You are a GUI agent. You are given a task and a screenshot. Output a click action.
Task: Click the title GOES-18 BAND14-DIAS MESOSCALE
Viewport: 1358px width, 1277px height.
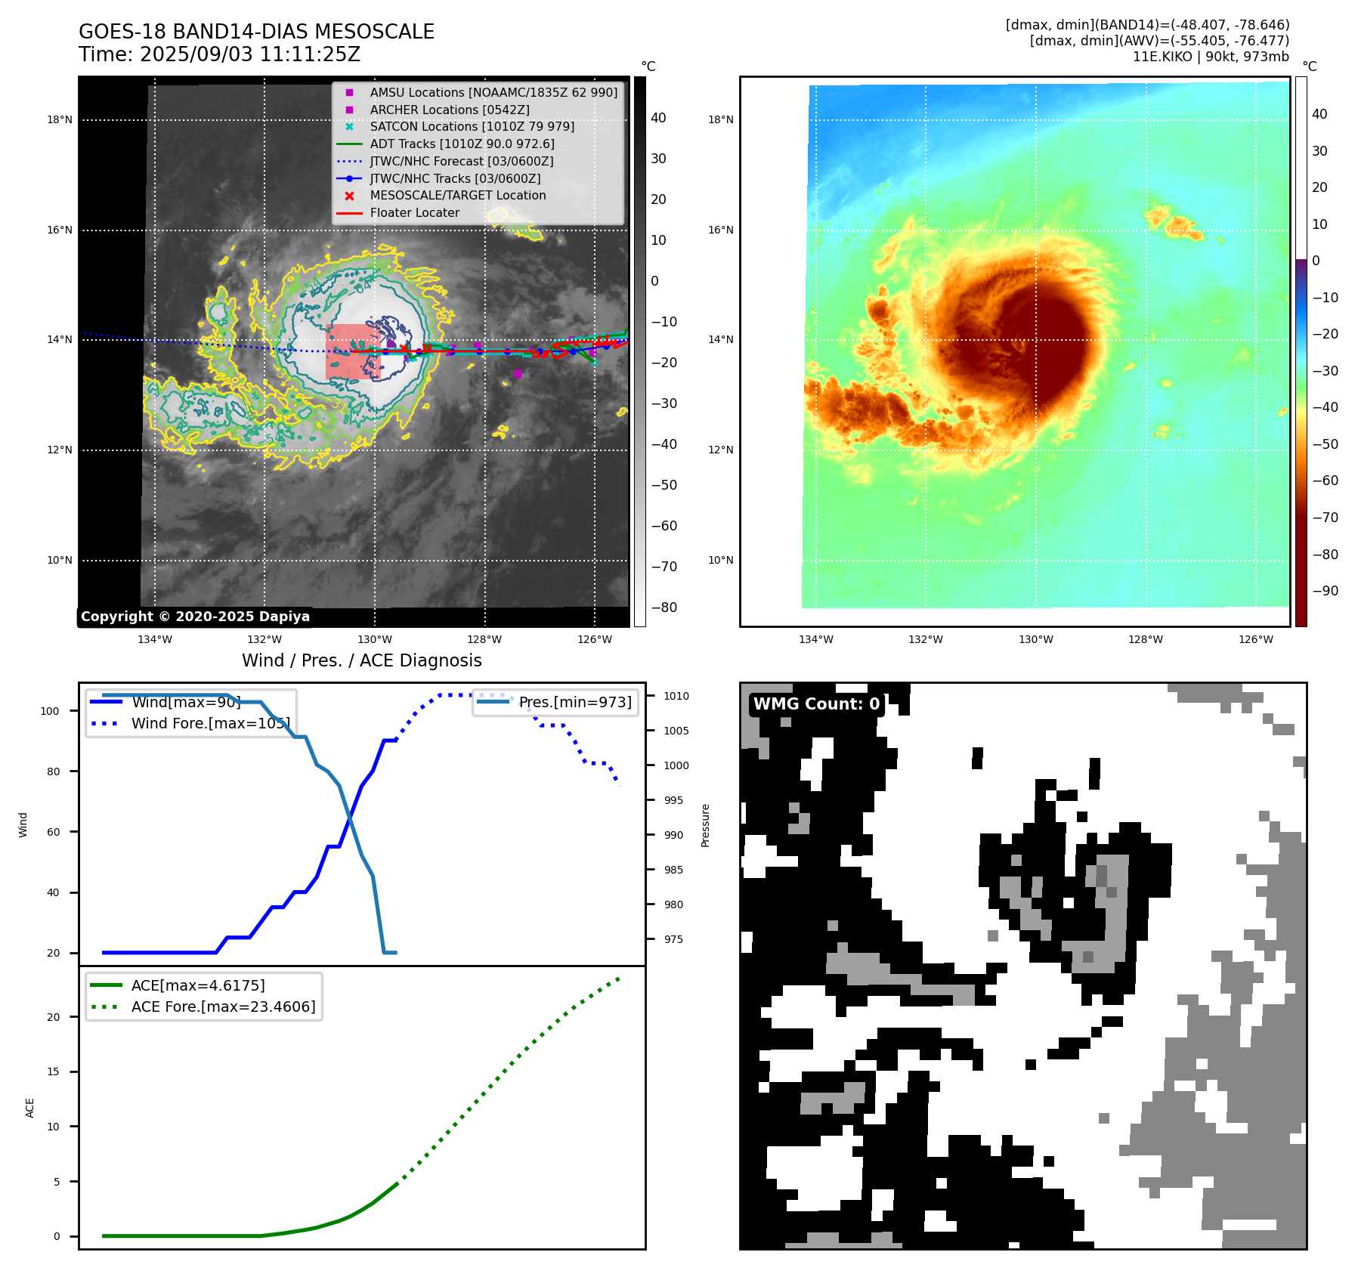(256, 32)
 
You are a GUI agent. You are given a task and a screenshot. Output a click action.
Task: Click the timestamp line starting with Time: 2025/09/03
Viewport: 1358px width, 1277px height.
(219, 54)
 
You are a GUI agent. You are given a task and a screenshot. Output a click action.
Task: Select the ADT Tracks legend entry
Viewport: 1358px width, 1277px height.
(462, 144)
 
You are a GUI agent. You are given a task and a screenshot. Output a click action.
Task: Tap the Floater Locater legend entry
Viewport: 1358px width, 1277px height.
(414, 212)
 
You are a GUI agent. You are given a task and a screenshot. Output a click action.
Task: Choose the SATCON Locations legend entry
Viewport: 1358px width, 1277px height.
(472, 126)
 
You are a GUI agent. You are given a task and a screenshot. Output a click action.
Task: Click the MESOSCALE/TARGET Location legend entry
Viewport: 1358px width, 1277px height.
(457, 195)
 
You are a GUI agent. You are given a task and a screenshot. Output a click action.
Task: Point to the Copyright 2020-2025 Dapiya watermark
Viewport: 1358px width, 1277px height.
(195, 617)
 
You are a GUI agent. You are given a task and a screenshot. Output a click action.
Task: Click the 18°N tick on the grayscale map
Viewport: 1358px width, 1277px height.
(60, 119)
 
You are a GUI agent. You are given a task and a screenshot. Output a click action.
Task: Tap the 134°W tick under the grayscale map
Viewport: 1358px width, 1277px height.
(155, 639)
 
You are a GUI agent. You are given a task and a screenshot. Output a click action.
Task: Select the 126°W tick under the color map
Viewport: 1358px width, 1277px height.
(1255, 639)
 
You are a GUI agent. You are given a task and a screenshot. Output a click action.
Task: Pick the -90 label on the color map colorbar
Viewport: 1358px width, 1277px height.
(1325, 591)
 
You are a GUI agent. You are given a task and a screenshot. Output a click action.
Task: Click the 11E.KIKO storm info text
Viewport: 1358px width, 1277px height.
(1210, 57)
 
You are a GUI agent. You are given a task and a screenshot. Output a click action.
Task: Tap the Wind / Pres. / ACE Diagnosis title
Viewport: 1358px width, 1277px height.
(361, 660)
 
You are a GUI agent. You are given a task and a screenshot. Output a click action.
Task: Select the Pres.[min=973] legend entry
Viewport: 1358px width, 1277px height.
(574, 702)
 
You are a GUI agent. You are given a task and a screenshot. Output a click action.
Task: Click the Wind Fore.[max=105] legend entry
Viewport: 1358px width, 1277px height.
(210, 723)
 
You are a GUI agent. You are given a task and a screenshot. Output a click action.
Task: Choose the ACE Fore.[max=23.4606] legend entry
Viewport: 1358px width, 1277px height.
(223, 1006)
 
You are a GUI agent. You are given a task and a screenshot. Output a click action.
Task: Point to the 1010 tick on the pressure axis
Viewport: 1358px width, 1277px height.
(676, 696)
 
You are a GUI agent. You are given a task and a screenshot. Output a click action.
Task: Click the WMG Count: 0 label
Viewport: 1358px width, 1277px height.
(816, 703)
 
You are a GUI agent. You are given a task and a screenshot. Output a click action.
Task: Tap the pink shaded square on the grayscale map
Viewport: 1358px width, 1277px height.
(352, 351)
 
